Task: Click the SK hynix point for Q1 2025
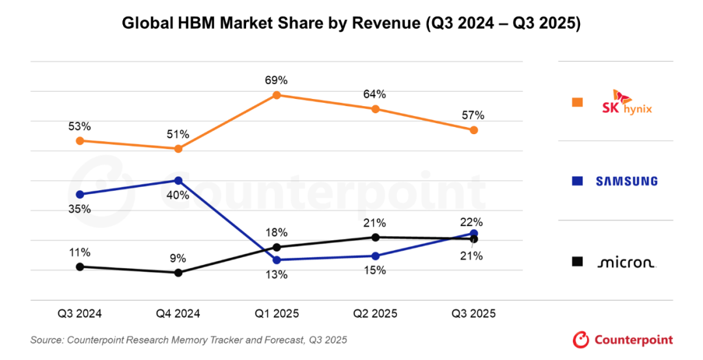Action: (x=276, y=95)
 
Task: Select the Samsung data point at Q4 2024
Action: (x=178, y=180)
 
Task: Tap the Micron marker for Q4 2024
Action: (x=178, y=272)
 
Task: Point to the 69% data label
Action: (x=276, y=81)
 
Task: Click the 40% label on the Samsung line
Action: (x=178, y=195)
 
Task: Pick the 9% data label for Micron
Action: (x=178, y=257)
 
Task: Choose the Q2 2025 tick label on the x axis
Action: (x=375, y=314)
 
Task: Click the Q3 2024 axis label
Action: (x=79, y=314)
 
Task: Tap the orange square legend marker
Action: (x=577, y=102)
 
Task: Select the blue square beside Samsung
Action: (x=577, y=181)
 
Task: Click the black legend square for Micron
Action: (x=577, y=262)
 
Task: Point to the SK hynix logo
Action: (x=627, y=102)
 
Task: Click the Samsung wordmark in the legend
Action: (x=627, y=181)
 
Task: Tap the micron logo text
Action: (x=626, y=262)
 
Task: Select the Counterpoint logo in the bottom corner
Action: (x=623, y=339)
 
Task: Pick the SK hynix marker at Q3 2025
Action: (x=474, y=130)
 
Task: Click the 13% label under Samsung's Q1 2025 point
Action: (x=276, y=275)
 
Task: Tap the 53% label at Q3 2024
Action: (x=79, y=126)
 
